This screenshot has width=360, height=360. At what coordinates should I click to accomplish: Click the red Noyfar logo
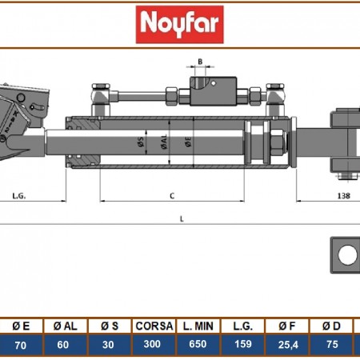tap(180, 25)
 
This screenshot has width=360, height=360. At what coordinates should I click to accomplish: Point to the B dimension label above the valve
tap(201, 62)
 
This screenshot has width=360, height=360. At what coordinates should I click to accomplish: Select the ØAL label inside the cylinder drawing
tap(164, 144)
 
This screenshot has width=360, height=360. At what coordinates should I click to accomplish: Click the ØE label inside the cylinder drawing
tap(189, 144)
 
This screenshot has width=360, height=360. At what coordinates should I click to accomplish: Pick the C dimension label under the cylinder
tap(172, 194)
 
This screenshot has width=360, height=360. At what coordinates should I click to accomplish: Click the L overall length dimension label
tap(182, 218)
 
